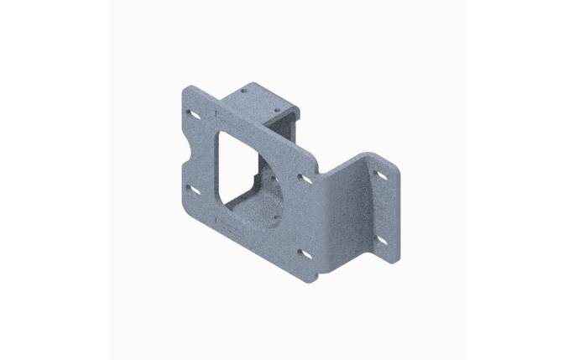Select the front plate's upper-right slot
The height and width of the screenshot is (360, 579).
click(305, 180)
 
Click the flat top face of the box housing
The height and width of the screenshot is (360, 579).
click(260, 102)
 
